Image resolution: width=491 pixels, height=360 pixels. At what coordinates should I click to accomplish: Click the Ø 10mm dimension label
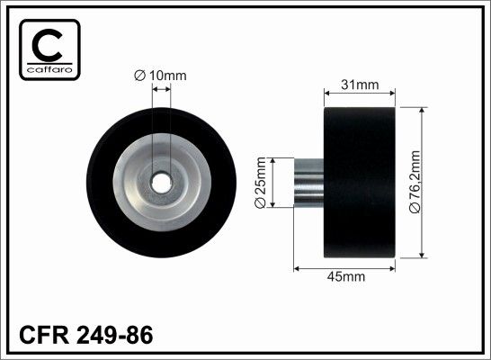tap(160, 76)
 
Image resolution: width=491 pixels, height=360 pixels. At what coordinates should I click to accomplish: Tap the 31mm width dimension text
tap(360, 85)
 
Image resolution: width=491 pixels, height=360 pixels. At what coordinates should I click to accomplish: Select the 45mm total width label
tap(345, 276)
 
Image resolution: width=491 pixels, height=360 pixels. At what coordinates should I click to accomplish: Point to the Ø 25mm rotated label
tap(260, 183)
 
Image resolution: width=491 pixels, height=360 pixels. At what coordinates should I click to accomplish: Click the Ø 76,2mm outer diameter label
tap(415, 182)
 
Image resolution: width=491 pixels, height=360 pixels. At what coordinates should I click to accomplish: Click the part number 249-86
tap(114, 335)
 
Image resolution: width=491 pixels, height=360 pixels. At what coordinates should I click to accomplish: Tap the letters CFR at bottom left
tap(44, 335)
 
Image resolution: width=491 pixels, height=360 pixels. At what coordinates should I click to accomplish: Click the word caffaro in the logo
tap(49, 69)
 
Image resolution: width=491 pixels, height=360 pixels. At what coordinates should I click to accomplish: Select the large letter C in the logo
tap(48, 45)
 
